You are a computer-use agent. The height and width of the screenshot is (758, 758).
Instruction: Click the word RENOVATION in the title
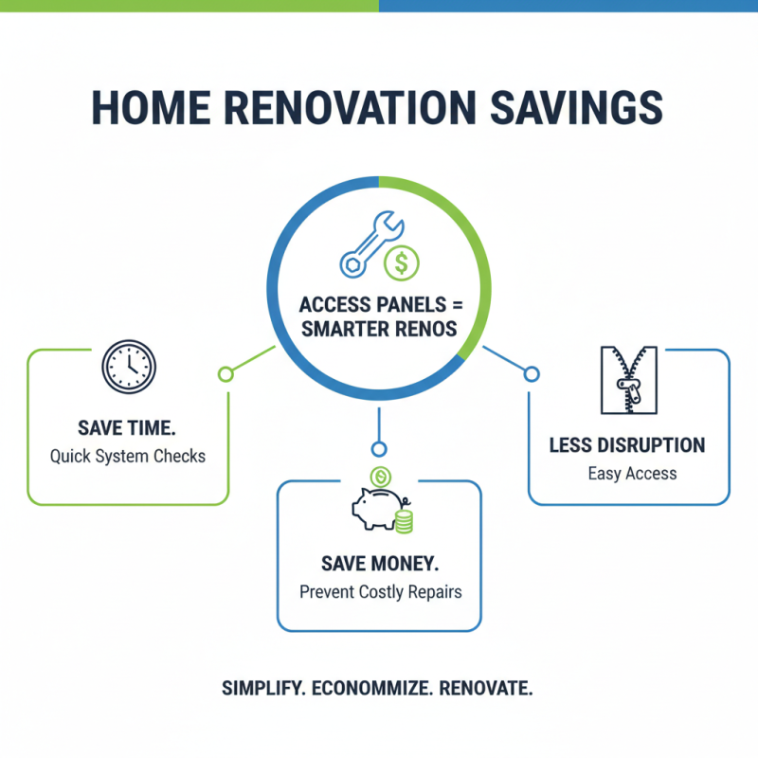[x=358, y=108]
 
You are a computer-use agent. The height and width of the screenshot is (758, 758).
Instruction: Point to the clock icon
[x=128, y=368]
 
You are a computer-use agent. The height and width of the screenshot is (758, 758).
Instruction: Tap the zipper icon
[x=627, y=380]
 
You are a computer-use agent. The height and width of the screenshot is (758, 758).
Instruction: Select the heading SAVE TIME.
[x=127, y=427]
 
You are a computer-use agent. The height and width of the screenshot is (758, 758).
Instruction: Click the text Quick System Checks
[x=127, y=457]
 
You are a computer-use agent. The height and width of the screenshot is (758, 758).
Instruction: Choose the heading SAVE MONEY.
[x=379, y=564]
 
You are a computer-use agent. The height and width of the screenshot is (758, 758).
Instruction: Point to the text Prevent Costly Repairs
[x=379, y=593]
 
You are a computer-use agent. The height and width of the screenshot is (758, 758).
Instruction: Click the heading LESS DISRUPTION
[x=627, y=444]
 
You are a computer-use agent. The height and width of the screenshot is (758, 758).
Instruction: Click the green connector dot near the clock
[x=226, y=374]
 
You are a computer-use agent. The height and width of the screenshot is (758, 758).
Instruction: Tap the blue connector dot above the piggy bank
[x=379, y=448]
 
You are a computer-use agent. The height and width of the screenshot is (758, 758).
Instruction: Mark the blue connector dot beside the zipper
[x=531, y=374]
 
